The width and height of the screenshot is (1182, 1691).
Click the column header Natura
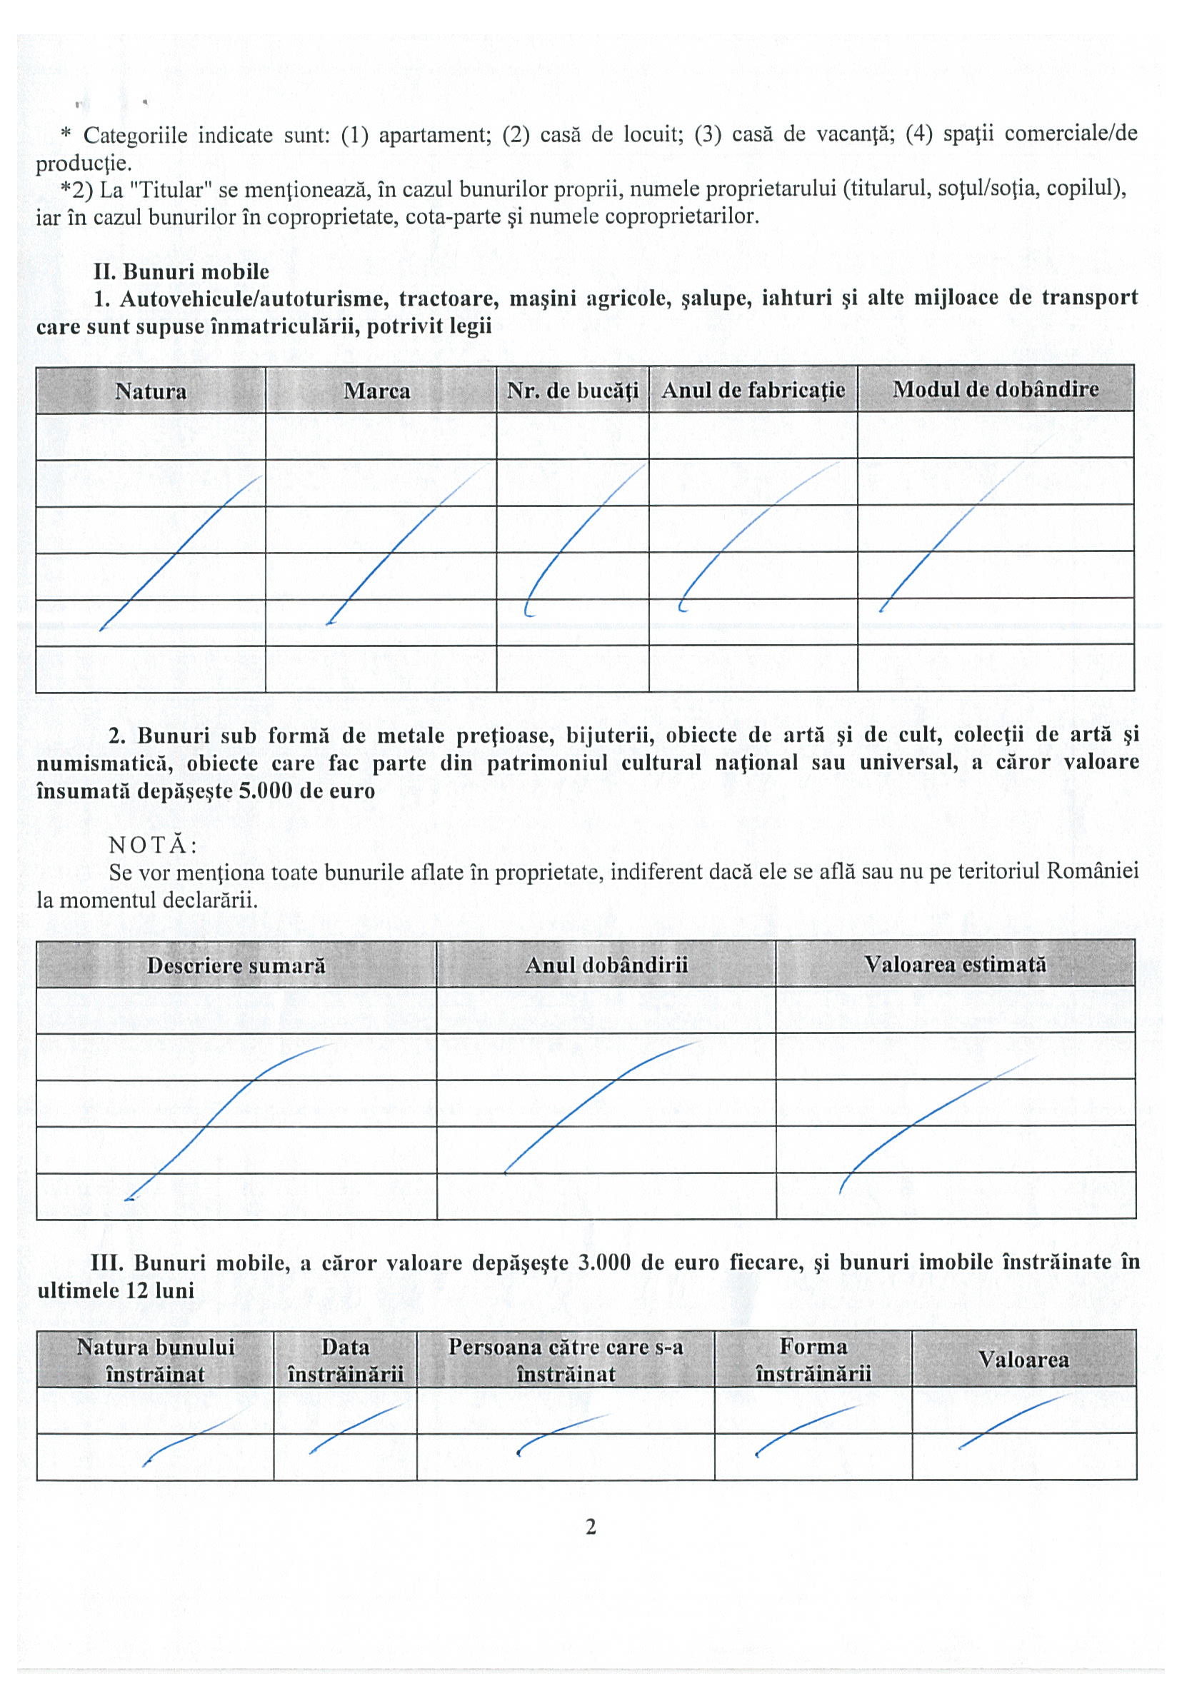150,391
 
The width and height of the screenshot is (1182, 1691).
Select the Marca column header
376,391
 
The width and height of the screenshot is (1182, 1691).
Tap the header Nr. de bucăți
572,391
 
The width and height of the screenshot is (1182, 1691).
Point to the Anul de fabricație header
753,390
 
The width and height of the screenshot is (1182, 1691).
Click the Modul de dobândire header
995,389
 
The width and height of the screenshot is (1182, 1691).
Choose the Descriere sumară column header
236,965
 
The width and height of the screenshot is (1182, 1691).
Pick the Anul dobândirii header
606,964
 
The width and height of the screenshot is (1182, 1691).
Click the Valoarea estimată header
954,963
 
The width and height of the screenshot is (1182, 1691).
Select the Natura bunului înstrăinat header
155,1360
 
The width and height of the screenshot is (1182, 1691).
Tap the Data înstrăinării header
345,1360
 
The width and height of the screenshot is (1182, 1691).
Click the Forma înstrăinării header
813,1359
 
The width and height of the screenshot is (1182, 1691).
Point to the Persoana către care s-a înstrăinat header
565,1360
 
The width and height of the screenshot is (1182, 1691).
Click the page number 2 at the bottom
591,1527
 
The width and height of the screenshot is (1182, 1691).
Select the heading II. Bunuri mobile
181,271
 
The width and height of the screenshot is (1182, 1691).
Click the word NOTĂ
152,845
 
